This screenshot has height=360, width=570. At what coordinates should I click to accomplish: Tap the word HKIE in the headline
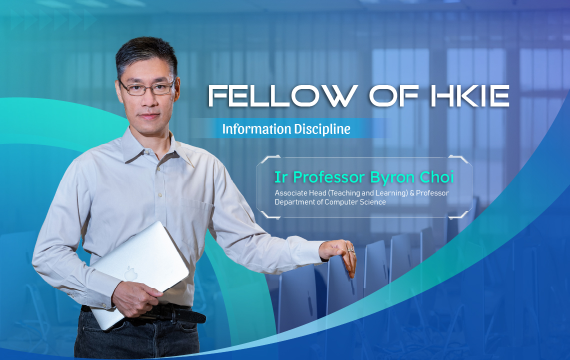470,96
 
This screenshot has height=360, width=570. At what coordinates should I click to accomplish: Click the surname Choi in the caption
436,177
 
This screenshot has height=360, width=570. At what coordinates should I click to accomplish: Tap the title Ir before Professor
280,177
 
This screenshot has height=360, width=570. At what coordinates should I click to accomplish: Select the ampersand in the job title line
412,193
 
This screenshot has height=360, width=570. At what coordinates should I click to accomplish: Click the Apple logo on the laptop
131,273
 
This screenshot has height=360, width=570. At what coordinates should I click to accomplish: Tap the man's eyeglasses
147,88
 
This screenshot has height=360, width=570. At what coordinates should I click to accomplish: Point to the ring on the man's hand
351,250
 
